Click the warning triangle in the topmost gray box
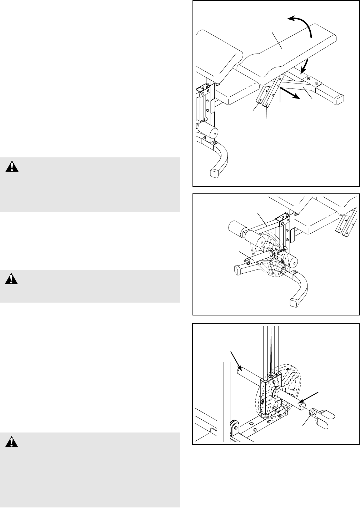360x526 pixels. pyautogui.click(x=13, y=167)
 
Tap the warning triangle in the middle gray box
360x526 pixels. pyautogui.click(x=11, y=279)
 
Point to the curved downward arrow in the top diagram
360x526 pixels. pyautogui.click(x=304, y=66)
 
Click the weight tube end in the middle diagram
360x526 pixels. pyautogui.click(x=246, y=262)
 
